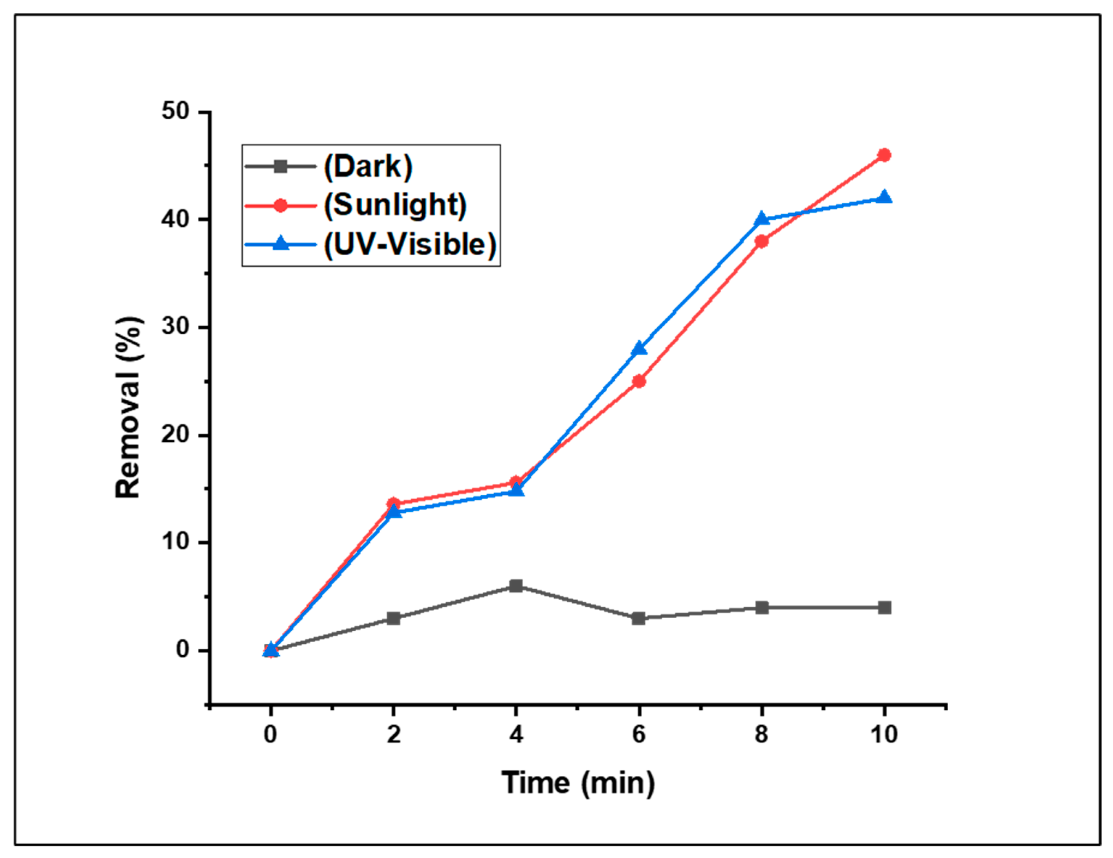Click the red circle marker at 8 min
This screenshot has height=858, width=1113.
[761, 241]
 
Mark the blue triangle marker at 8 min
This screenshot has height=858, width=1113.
[761, 219]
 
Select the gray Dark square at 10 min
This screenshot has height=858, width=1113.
[884, 607]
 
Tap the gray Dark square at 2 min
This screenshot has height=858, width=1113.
[393, 618]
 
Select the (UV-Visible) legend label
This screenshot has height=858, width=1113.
[410, 244]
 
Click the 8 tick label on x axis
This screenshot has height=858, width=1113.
[761, 734]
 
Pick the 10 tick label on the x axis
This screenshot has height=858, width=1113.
[884, 734]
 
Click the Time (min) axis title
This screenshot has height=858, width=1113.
[578, 783]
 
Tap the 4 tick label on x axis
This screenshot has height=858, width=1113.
[516, 734]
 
